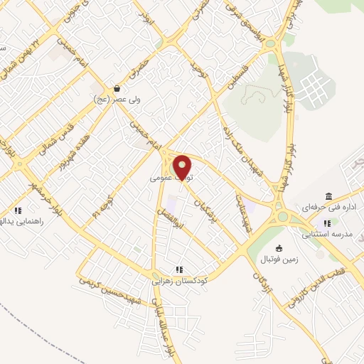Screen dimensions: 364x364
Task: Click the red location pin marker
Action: (x=183, y=166)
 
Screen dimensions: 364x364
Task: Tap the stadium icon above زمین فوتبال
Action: (x=279, y=247)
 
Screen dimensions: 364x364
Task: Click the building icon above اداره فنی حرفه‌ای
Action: (x=328, y=196)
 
